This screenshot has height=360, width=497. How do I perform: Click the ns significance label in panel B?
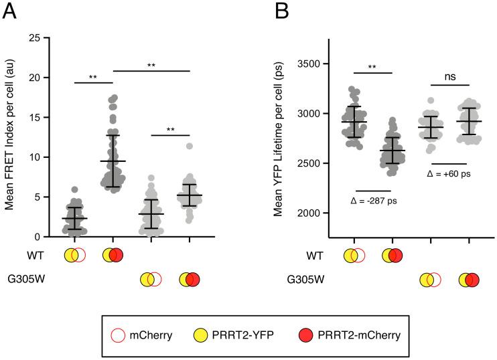coord(449,77)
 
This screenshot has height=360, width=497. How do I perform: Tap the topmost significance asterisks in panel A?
coord(152,66)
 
